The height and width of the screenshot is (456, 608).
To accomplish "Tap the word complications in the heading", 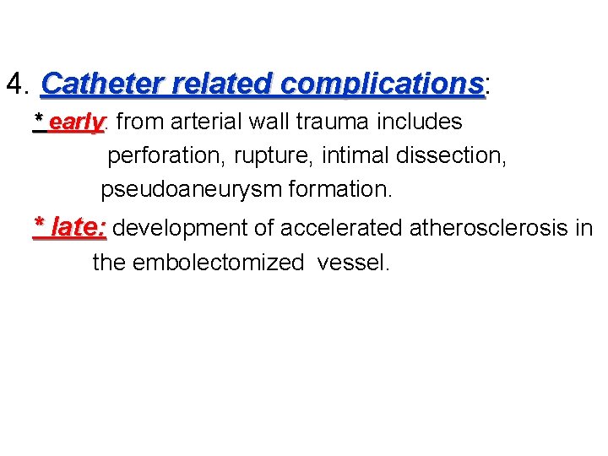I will pyautogui.click(x=383, y=84).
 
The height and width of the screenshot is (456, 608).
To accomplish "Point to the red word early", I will pyautogui.click(x=76, y=122).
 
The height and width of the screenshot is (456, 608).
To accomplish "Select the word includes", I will pyautogui.click(x=419, y=122).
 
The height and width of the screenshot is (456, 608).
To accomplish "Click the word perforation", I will pyautogui.click(x=160, y=156).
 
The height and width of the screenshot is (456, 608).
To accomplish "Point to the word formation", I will pyautogui.click(x=340, y=189).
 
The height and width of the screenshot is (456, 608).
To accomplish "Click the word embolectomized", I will pyautogui.click(x=219, y=263).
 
